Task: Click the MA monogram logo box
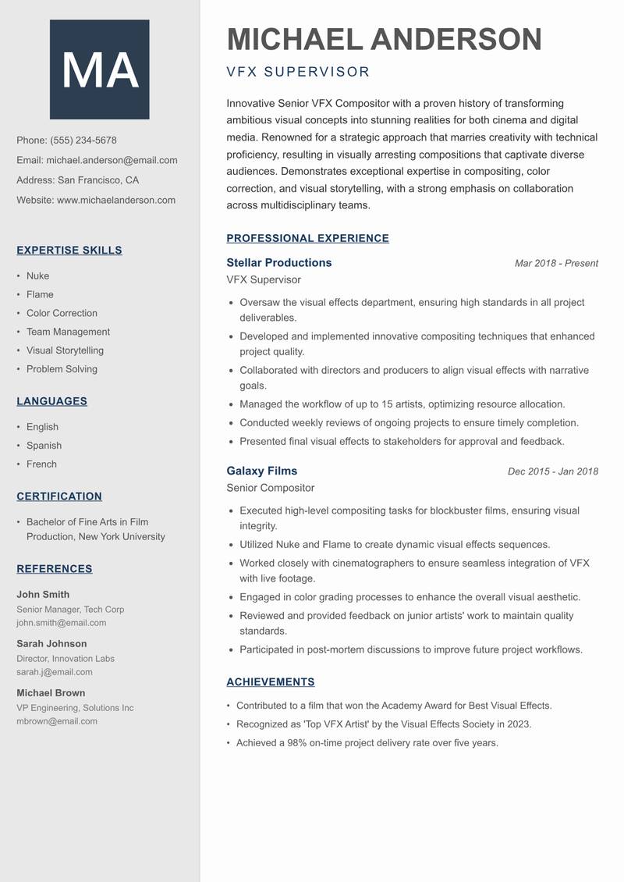(99, 69)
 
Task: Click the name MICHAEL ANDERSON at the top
(384, 40)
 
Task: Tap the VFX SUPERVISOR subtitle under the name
(298, 73)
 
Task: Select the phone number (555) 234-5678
(83, 140)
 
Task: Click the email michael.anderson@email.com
(112, 160)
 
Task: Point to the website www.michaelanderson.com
(116, 200)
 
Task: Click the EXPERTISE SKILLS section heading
(69, 251)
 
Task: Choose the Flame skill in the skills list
(40, 294)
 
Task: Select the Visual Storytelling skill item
(65, 350)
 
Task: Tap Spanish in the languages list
(44, 446)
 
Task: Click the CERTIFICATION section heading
(59, 496)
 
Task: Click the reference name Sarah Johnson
(51, 644)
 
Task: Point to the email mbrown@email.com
(57, 721)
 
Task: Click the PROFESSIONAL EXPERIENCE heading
(307, 239)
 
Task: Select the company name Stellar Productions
(278, 263)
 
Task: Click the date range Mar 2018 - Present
(556, 264)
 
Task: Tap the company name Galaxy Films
(261, 471)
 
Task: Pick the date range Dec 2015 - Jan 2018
(552, 471)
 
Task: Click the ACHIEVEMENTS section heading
(270, 682)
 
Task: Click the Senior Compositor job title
(270, 488)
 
